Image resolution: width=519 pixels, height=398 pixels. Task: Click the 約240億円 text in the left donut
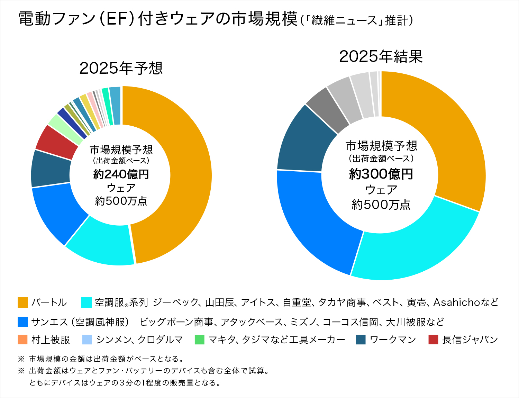point(121,174)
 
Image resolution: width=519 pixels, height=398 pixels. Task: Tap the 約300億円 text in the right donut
point(381,174)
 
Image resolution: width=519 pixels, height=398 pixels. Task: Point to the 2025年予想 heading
point(121,68)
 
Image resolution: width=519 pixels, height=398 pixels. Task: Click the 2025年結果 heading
point(381,56)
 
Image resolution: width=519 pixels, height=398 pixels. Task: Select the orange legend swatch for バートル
point(23,302)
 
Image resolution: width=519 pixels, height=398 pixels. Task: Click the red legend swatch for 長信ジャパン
point(433,340)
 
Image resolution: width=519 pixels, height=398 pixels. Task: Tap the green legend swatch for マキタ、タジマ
point(200,340)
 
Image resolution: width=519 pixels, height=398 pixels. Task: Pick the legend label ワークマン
point(393,340)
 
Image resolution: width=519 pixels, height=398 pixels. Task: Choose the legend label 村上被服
point(51,340)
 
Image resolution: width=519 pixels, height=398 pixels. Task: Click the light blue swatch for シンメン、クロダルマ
point(87,340)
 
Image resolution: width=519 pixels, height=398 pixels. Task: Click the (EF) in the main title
point(117,19)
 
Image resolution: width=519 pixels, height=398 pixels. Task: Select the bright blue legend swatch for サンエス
point(23,322)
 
